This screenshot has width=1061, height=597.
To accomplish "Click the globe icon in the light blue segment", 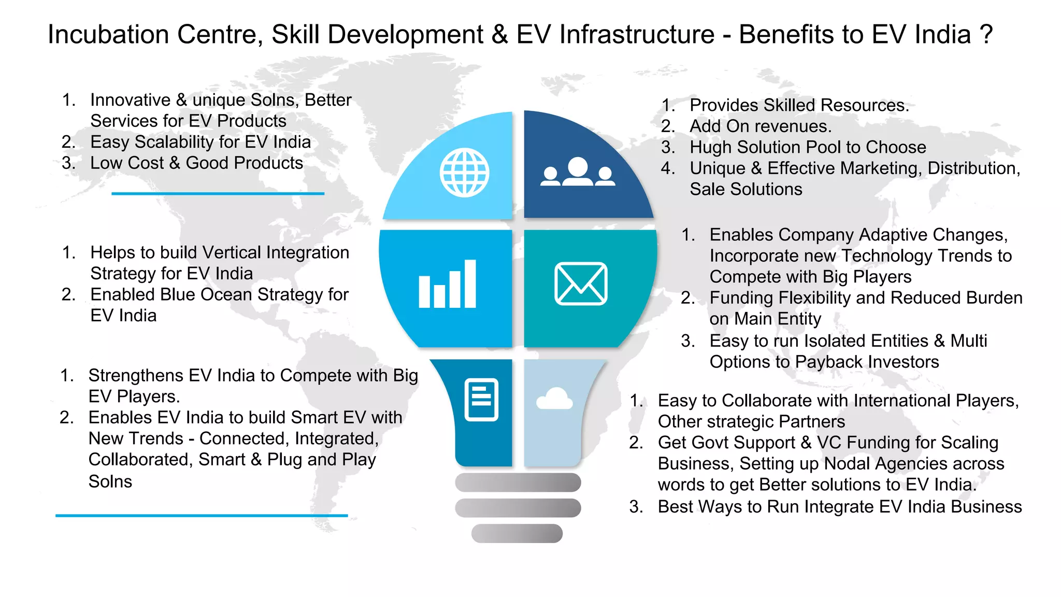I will [464, 173].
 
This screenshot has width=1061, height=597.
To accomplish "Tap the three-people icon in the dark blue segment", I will [578, 173].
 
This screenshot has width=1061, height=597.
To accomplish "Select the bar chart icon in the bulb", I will [447, 285].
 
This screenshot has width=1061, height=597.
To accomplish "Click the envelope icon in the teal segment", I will [581, 283].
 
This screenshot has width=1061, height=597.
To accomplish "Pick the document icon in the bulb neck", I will [481, 400].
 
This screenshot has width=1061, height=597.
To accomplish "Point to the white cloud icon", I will [554, 399].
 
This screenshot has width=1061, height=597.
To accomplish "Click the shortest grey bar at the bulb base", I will [517, 533].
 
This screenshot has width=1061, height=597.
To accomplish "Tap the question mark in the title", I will [986, 35].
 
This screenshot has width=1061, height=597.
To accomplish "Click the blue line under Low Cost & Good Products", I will [218, 194].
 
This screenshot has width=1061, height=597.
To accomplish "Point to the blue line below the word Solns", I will [202, 516].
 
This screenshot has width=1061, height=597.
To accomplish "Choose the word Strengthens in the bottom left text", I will [136, 375].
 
